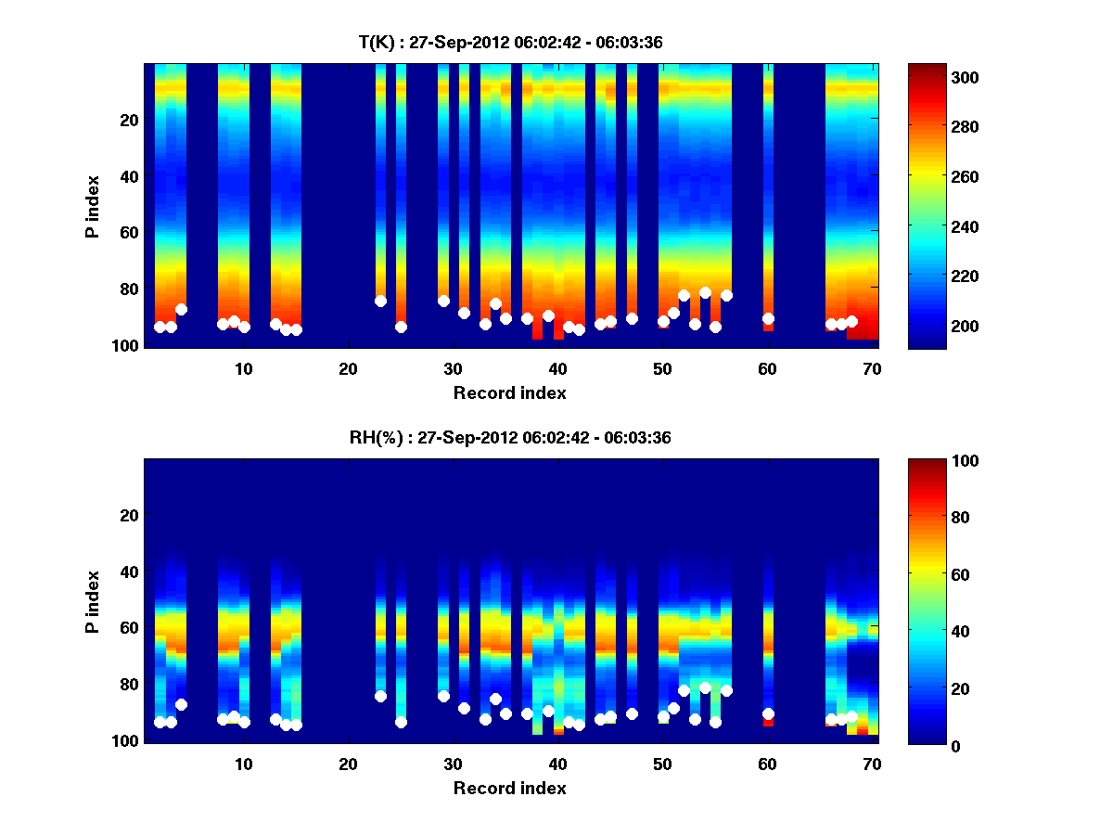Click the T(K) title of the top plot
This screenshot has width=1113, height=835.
[510, 43]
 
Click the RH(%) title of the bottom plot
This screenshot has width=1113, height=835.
[510, 438]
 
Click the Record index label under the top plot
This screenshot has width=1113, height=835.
[510, 392]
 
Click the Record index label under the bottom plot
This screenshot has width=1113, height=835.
[510, 788]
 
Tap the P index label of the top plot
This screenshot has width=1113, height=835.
[93, 206]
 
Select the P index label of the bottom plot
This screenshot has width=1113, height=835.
[93, 601]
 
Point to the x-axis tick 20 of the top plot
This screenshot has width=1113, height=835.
[348, 368]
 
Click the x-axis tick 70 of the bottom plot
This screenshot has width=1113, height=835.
[873, 764]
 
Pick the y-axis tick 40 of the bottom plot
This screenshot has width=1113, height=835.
[131, 572]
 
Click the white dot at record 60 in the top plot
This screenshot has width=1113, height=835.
[768, 319]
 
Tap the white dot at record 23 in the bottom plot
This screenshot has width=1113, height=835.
[380, 696]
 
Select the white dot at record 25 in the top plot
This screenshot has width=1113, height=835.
[401, 327]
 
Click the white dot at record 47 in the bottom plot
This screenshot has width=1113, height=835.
[632, 713]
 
